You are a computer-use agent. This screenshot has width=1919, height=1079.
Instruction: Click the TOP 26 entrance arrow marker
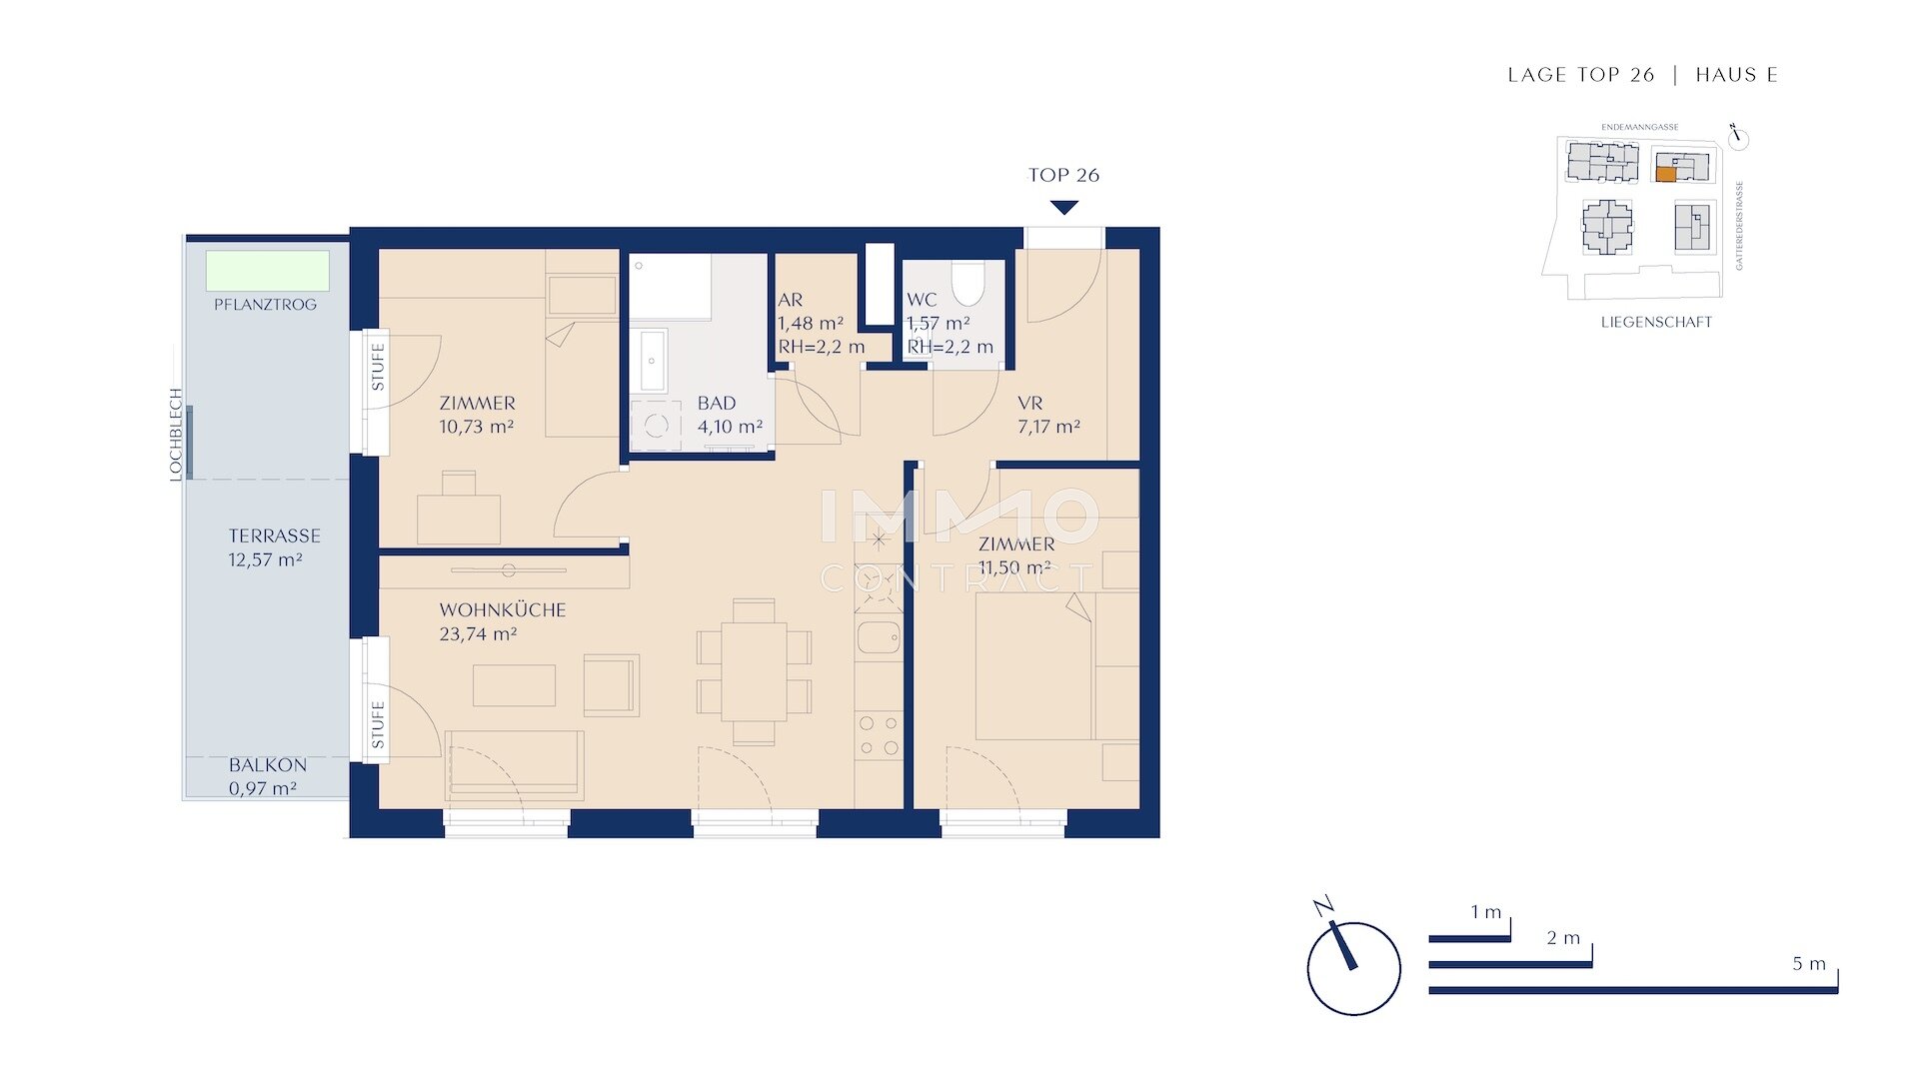coord(1064,207)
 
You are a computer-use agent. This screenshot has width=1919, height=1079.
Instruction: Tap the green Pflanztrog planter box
coord(267,271)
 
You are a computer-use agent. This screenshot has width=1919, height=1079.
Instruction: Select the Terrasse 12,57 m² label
coord(274,547)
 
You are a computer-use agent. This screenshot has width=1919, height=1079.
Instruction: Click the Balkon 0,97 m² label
coord(267,776)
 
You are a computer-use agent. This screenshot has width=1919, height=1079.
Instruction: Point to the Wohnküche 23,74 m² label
coord(502,621)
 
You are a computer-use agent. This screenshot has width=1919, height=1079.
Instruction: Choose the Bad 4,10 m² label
coord(730,415)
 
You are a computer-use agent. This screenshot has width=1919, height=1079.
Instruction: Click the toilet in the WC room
coord(966,283)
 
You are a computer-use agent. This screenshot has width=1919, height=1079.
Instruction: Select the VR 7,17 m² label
coord(1047,415)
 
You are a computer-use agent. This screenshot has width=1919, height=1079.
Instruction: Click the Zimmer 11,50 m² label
coord(1015,555)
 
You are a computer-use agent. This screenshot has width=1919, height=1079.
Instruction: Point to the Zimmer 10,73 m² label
coord(477,415)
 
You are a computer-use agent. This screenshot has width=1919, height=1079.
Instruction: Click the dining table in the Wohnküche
coord(753,671)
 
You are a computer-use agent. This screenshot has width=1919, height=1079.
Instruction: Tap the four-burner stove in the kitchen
coord(879,735)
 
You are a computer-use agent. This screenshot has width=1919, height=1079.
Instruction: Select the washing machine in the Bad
coord(656,427)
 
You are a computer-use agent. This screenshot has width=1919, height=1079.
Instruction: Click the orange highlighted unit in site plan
coord(1665,174)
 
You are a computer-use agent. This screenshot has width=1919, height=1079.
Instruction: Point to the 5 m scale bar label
coord(1808,964)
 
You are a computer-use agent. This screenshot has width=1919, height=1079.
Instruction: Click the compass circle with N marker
coord(1353,967)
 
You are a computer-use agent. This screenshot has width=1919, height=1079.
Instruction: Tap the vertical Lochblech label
coord(176,435)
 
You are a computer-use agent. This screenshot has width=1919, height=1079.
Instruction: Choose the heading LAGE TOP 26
coord(1580,75)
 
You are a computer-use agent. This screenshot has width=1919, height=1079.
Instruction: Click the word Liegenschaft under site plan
coord(1656,322)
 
